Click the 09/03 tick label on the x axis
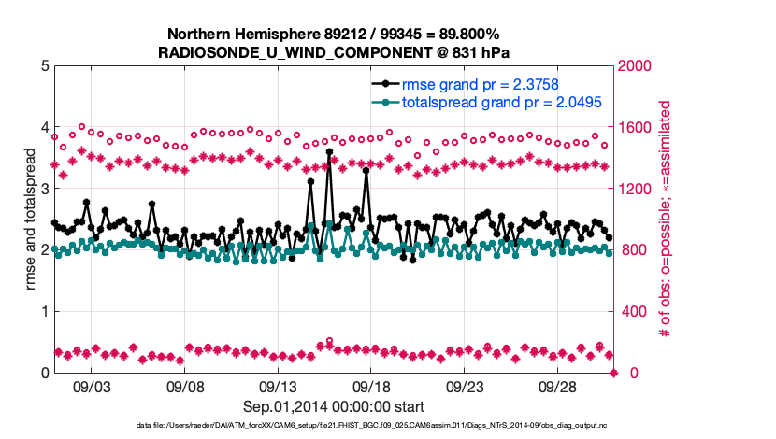(x=92, y=387)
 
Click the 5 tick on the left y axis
(x=43, y=66)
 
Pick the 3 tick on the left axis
(x=43, y=189)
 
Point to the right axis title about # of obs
(x=666, y=219)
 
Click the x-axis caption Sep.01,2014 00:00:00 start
(x=334, y=406)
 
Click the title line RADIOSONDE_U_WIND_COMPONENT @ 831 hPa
(x=334, y=51)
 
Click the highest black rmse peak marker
(x=329, y=151)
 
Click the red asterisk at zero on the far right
(x=614, y=373)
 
